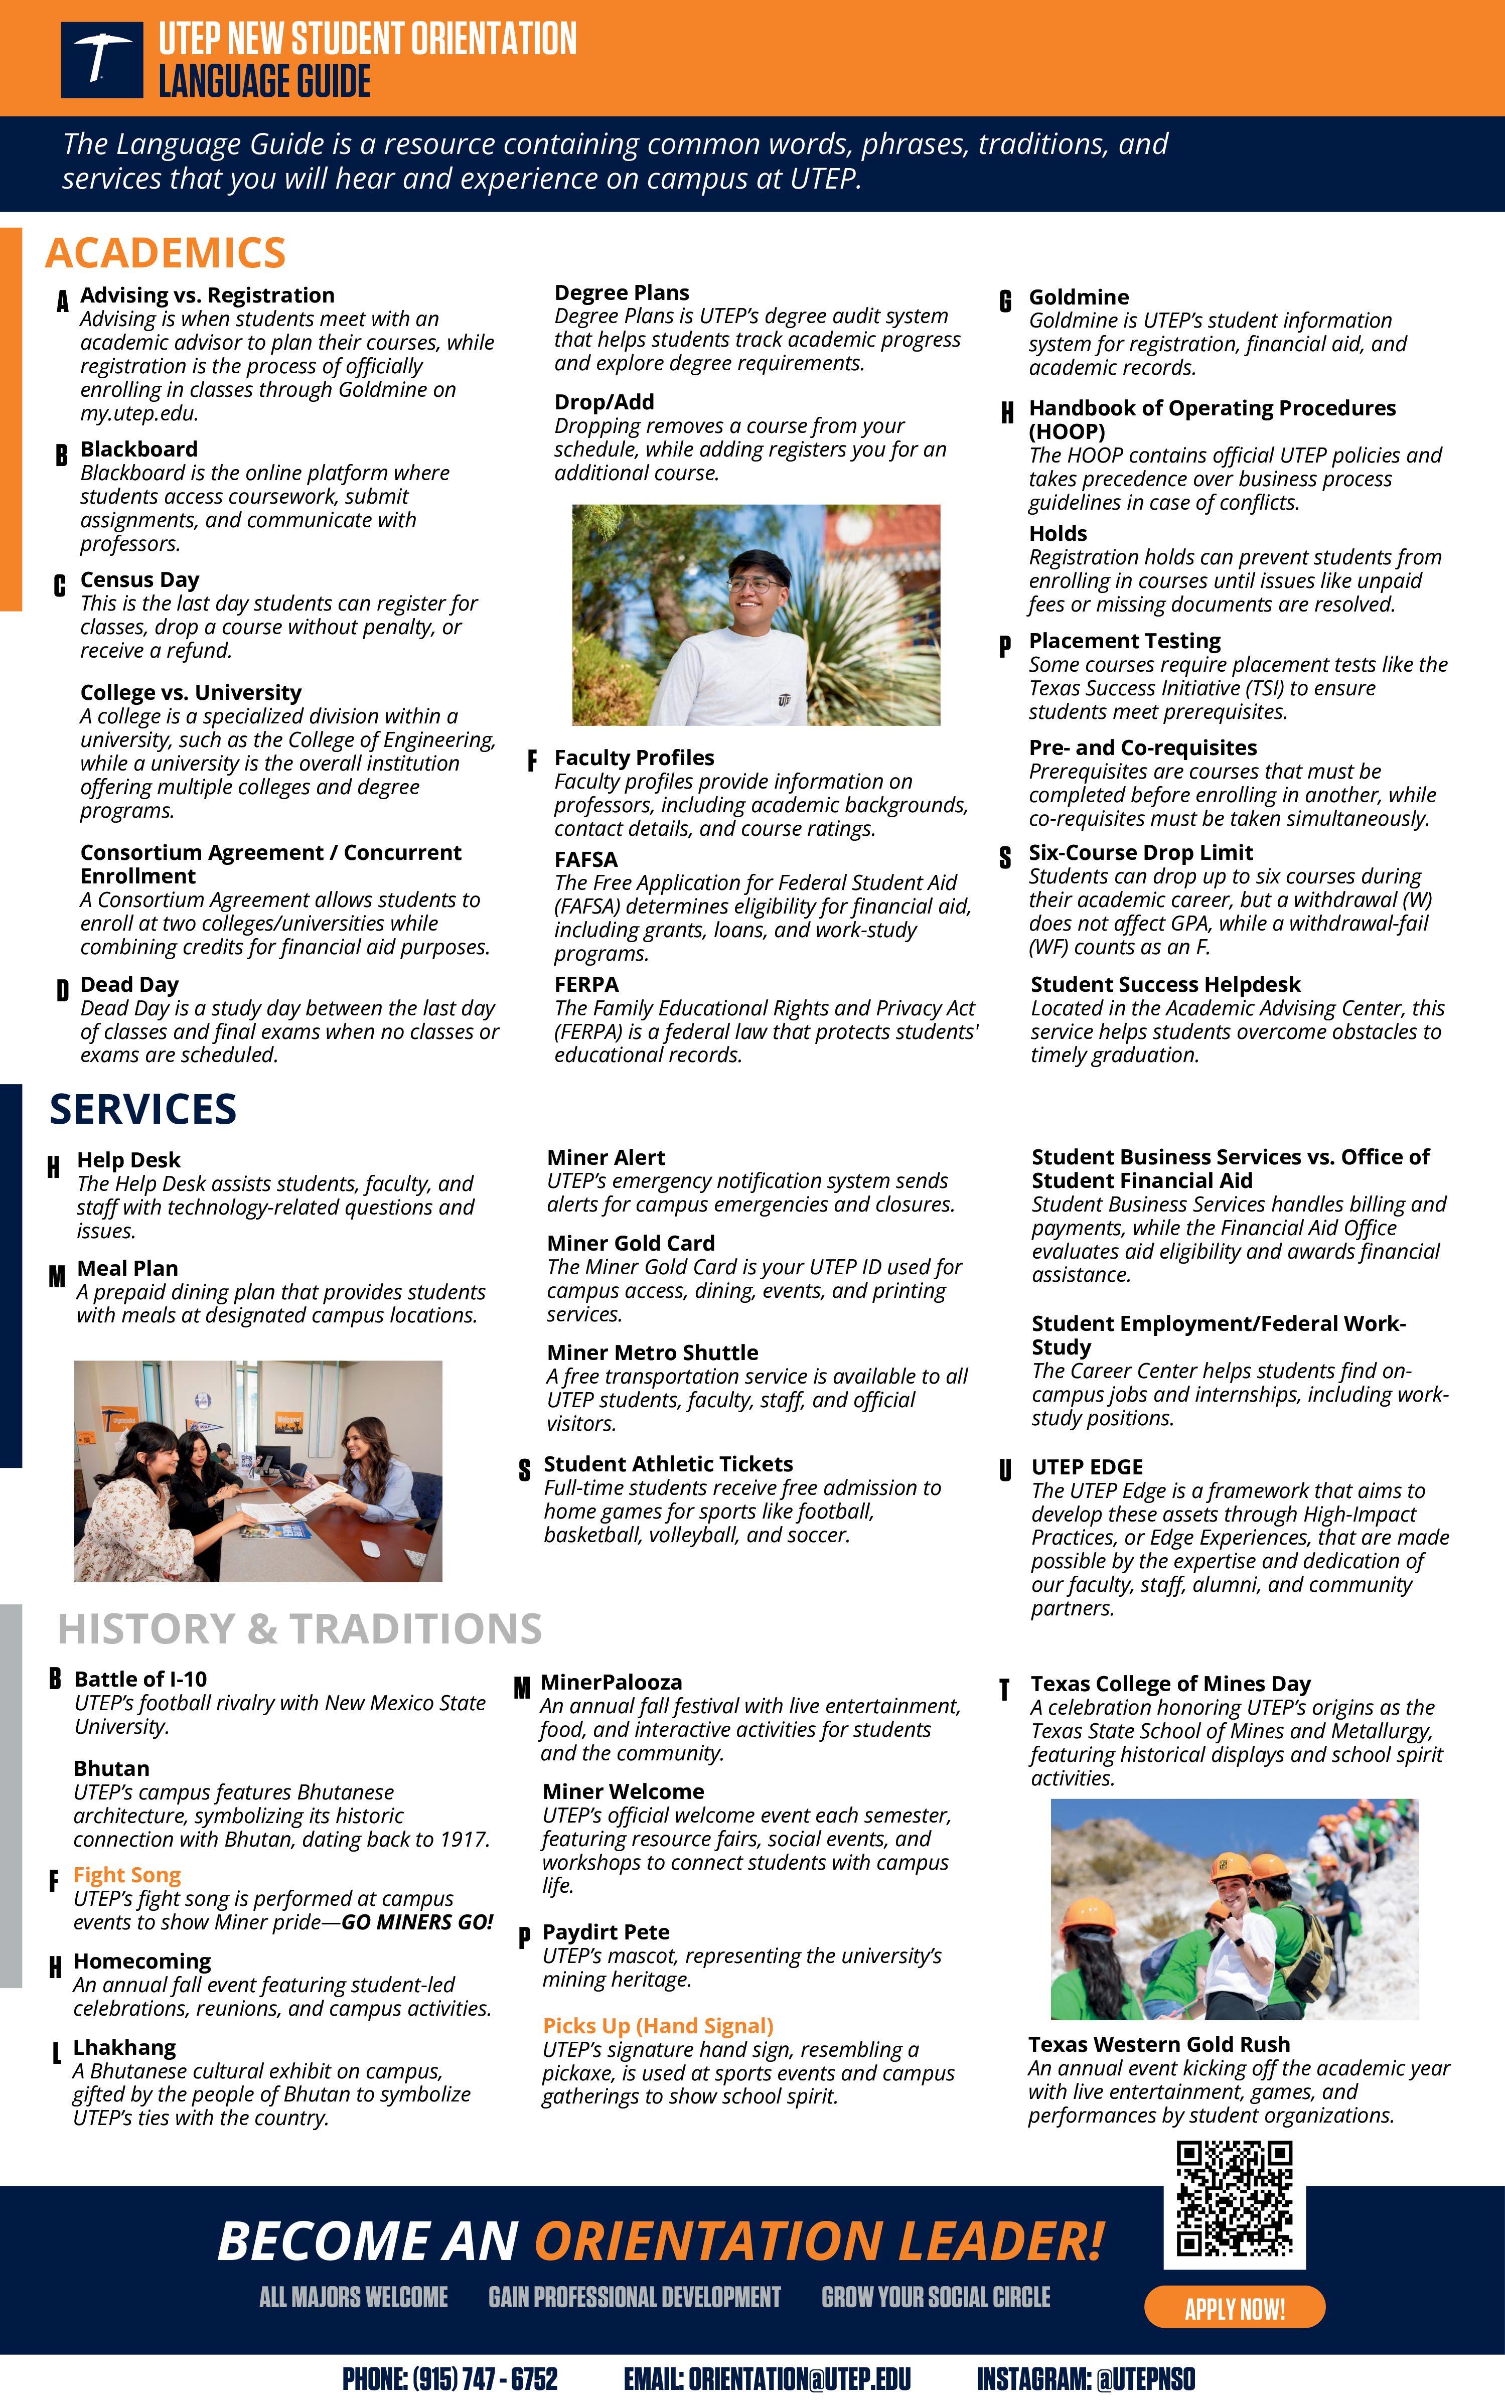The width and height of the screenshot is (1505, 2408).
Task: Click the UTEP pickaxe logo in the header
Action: click(101, 60)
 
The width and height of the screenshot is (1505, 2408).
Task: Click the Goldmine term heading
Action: click(1079, 296)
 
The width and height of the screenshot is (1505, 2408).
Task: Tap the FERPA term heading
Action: click(586, 984)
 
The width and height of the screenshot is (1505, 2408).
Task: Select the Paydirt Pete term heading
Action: click(606, 1932)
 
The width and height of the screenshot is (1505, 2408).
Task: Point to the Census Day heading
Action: click(139, 579)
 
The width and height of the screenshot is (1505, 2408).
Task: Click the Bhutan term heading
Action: click(111, 1768)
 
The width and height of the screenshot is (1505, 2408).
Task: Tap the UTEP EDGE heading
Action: click(1087, 1467)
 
